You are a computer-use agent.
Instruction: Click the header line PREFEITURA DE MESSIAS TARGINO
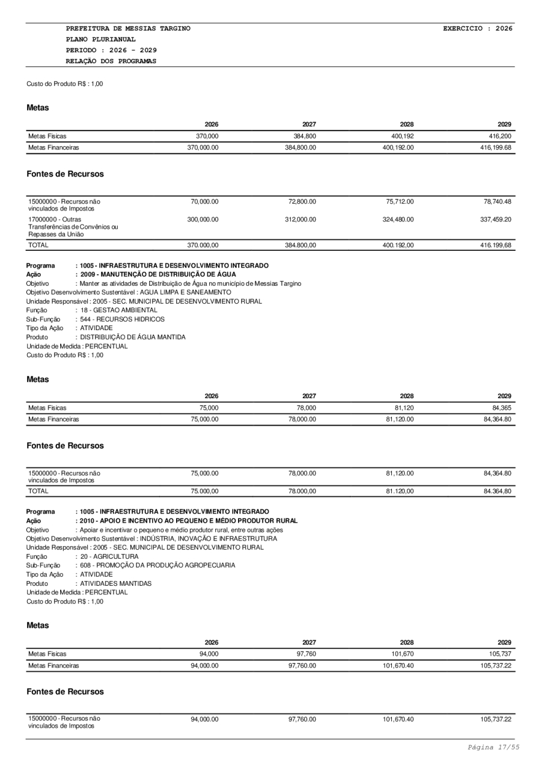[x=128, y=28]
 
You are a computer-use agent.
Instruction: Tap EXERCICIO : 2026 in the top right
[x=477, y=28]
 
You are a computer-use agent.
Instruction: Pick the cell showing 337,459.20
[x=495, y=220]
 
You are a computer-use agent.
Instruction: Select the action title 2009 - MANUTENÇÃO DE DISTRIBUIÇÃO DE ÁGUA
[x=158, y=274]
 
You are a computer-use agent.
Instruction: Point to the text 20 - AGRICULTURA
[x=109, y=556]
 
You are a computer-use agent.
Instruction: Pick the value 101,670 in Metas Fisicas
[x=400, y=654]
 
